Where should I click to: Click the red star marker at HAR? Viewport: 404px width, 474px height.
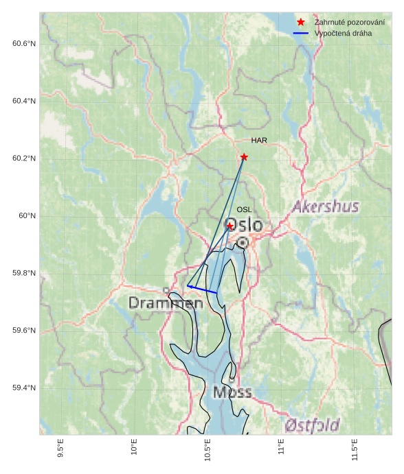click(x=244, y=157)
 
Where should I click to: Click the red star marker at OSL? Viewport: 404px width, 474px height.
click(x=229, y=226)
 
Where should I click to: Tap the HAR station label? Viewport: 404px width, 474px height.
click(x=259, y=141)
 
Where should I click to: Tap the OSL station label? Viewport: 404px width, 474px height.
click(x=244, y=210)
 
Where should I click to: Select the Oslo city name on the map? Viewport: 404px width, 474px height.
click(x=243, y=225)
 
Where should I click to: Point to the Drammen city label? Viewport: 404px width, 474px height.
click(x=165, y=303)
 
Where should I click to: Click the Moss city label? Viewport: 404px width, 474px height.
click(x=232, y=392)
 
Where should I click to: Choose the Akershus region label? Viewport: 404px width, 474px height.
click(x=325, y=206)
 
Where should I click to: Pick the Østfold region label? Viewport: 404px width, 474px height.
click(x=312, y=425)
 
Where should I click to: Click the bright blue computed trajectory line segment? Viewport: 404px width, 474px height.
click(x=202, y=289)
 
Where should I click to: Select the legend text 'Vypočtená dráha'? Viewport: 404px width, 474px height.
click(x=343, y=33)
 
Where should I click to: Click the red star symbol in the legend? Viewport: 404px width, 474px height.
click(x=300, y=23)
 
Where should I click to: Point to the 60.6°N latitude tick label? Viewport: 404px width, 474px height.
click(x=24, y=44)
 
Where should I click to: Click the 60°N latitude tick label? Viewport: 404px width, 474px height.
click(x=27, y=216)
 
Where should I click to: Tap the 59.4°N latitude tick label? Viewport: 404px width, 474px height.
click(x=24, y=388)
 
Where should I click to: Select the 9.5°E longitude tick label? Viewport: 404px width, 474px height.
click(x=60, y=450)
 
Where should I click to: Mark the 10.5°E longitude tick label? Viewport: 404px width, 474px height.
click(x=207, y=450)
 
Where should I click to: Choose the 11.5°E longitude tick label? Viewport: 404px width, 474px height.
click(x=355, y=450)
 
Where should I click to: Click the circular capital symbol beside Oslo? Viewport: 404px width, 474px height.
click(x=243, y=242)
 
